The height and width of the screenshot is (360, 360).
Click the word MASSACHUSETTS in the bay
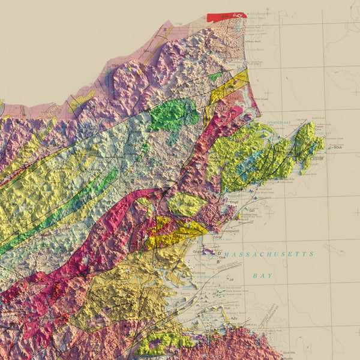[x=271, y=254]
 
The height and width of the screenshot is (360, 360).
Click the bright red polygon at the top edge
[x=227, y=17]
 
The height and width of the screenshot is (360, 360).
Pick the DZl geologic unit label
[x=253, y=211]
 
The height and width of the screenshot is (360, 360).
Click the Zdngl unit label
[x=218, y=238]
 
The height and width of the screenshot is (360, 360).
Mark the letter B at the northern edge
[x=165, y=28]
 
